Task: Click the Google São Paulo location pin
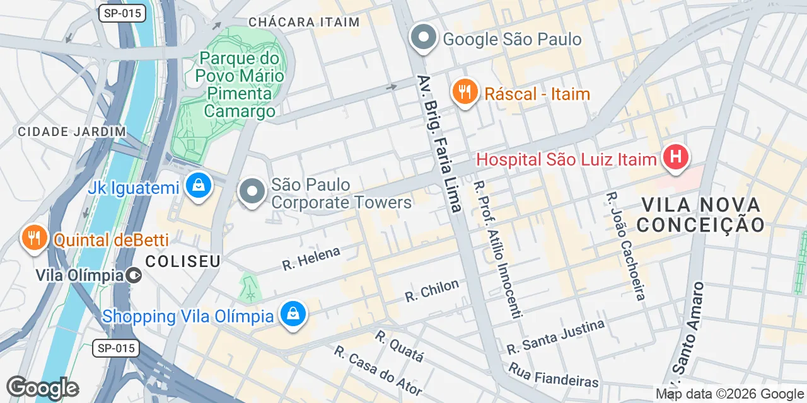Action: [423, 38]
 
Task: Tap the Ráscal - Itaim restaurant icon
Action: [465, 93]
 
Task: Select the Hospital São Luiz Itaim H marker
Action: [675, 157]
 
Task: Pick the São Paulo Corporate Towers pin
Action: [252, 192]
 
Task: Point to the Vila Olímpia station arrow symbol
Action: [134, 275]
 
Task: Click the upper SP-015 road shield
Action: [122, 13]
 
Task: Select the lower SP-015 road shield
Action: [115, 348]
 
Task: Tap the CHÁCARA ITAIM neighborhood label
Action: [304, 22]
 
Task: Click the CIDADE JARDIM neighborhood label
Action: [72, 132]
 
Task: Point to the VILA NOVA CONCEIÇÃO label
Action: [702, 214]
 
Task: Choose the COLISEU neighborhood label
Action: [182, 261]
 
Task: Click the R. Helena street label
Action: [311, 258]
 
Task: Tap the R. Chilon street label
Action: [432, 290]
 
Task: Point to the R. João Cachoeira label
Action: [625, 246]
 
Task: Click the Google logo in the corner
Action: [42, 388]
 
